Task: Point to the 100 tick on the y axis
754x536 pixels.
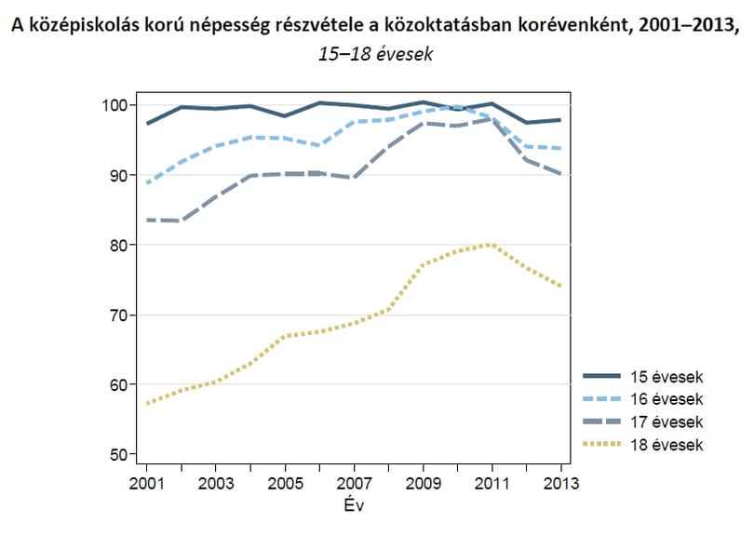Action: [114, 105]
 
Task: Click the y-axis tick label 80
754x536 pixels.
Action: [119, 245]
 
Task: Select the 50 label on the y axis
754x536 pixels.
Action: [119, 455]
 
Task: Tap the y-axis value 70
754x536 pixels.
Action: [119, 315]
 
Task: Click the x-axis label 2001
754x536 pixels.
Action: [147, 483]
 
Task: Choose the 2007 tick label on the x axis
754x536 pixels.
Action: [355, 483]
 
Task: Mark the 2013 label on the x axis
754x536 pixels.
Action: [561, 483]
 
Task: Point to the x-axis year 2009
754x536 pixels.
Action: [424, 483]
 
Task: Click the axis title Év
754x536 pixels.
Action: [354, 504]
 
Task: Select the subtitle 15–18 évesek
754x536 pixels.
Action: [375, 54]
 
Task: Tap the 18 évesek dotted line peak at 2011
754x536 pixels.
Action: [491, 245]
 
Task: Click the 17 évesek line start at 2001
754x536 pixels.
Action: [148, 221]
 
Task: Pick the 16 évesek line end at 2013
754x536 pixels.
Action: [560, 149]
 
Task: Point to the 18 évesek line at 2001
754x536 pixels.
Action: [148, 403]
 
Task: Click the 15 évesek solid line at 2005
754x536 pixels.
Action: [285, 115]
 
